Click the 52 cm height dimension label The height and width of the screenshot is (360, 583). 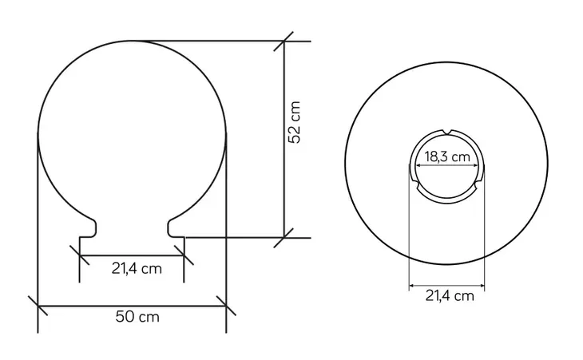pyautogui.click(x=294, y=122)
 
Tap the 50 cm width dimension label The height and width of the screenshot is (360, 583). pyautogui.click(x=137, y=317)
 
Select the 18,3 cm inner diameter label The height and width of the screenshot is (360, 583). pyautogui.click(x=447, y=156)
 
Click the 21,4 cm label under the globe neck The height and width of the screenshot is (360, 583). pyautogui.click(x=137, y=268)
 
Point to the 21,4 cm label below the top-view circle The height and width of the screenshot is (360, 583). pyautogui.click(x=450, y=295)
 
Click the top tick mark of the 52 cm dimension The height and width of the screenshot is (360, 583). pyautogui.click(x=284, y=42)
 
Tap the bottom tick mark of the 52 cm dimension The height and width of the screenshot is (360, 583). pyautogui.click(x=284, y=238)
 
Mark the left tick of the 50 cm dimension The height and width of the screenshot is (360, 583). pyautogui.click(x=38, y=306)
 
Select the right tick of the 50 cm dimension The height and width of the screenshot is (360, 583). pyautogui.click(x=226, y=306)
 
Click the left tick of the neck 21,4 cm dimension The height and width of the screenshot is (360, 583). pyautogui.click(x=80, y=255)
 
